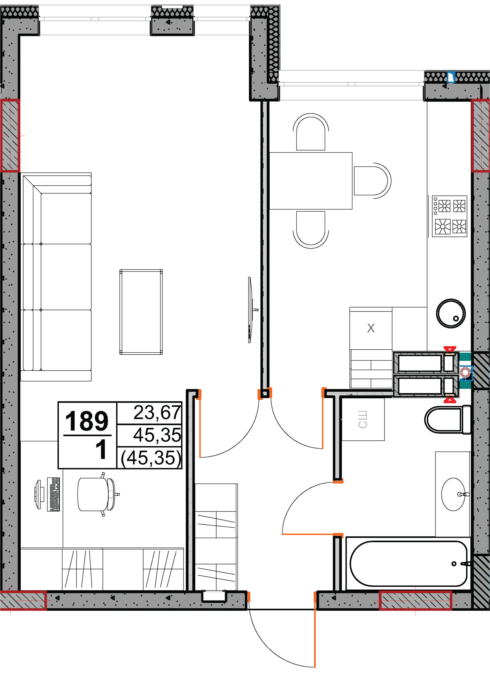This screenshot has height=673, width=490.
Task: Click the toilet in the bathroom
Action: (448, 420)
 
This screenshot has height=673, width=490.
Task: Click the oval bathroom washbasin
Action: (453, 494)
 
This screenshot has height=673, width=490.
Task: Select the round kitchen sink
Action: (451, 313)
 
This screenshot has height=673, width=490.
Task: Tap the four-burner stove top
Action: (449, 216)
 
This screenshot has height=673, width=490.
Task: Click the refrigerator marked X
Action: (371, 328)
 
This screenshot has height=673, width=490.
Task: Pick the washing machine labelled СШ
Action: (363, 419)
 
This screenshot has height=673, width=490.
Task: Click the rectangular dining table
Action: (311, 181)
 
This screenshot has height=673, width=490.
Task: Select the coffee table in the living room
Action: (141, 312)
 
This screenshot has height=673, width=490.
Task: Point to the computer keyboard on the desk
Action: (53, 494)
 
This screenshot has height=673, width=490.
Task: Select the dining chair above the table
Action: (311, 132)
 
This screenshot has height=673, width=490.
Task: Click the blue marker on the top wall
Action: (451, 77)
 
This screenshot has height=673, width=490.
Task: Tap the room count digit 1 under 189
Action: (101, 449)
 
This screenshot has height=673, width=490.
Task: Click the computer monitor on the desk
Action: (39, 494)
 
